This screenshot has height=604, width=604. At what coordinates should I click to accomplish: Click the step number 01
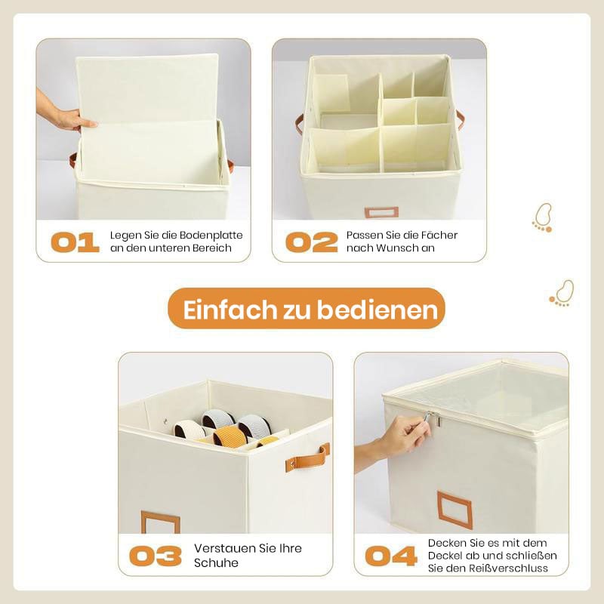click(x=75, y=242)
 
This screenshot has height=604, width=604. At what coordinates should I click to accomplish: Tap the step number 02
click(x=312, y=242)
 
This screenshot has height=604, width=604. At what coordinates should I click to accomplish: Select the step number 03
click(x=156, y=556)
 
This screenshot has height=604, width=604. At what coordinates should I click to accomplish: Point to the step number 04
click(x=391, y=556)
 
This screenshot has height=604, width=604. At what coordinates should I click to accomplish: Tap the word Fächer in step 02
click(x=436, y=235)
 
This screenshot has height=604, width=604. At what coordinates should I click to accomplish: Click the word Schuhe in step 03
click(x=216, y=562)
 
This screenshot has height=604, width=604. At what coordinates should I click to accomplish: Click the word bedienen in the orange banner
click(x=377, y=310)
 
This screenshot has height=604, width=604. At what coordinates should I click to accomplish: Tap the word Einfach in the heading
click(x=230, y=310)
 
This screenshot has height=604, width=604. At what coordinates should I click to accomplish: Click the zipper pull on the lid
click(x=433, y=418)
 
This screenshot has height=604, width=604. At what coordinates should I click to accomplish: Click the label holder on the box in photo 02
click(x=381, y=213)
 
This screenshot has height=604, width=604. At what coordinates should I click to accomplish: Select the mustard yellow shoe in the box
click(x=230, y=436)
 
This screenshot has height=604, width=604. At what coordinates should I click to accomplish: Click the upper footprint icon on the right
click(x=543, y=218)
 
